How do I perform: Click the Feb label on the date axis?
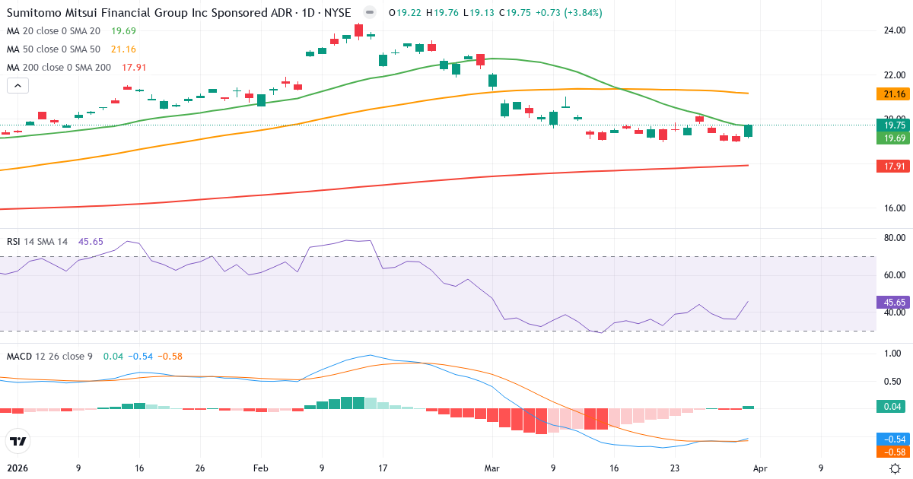click(x=261, y=469)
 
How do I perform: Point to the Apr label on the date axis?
click(x=761, y=469)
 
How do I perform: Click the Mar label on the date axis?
click(x=492, y=469)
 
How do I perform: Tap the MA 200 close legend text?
click(x=59, y=67)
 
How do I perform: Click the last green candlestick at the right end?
click(x=749, y=131)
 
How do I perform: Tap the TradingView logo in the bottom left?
click(x=18, y=441)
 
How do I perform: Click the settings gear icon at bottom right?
click(x=896, y=469)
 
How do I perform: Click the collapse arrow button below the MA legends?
click(x=17, y=86)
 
